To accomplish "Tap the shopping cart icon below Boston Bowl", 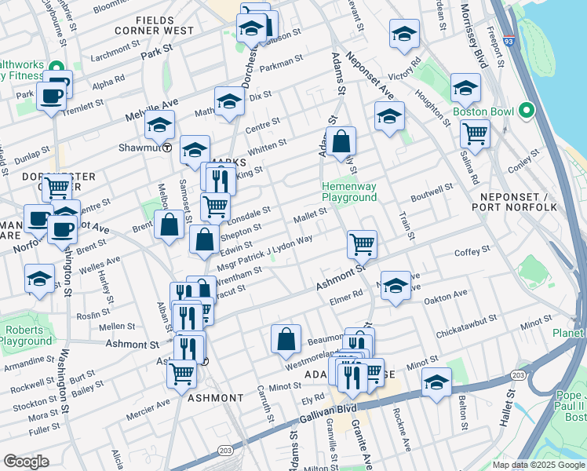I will tap(476, 133).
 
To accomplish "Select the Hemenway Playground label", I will tap(349, 192).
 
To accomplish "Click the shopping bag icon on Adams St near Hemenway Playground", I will tap(342, 142).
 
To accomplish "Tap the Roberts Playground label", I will tap(25, 336).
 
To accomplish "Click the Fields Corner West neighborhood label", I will tap(165, 25).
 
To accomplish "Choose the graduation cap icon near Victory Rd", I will tap(404, 34).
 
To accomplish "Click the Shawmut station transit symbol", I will tap(167, 148).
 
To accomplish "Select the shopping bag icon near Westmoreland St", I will tap(286, 339).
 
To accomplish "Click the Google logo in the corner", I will tap(26, 462).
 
